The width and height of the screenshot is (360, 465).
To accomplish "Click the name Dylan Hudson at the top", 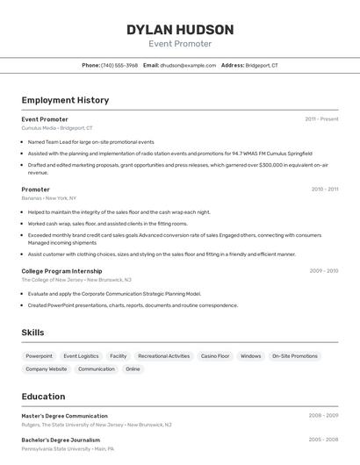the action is point(180,29).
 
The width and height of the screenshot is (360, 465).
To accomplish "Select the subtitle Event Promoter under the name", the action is point(180,44).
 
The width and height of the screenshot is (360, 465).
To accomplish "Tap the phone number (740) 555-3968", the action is point(119,65).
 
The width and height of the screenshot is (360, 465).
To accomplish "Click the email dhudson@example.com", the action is point(188,65).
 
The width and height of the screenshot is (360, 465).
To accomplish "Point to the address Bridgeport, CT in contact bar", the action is point(262,65).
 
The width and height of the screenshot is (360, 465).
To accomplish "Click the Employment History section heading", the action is point(65,100).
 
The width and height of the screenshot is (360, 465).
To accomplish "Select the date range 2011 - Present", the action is point(321,119).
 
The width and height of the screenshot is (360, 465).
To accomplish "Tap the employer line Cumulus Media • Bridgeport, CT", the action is point(57,128).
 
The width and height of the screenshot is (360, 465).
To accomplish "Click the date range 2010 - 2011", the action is point(324,190).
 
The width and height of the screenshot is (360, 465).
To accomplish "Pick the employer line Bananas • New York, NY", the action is point(49,198).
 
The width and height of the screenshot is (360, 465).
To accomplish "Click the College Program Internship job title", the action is point(61,271).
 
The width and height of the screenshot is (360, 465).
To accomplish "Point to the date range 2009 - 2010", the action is point(323,271).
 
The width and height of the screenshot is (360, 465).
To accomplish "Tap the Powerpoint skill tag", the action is point(40,356).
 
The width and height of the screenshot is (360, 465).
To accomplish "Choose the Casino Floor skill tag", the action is point(215,356).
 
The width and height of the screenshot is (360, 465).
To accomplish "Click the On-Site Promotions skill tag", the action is point(294,356).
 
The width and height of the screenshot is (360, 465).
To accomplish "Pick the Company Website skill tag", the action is point(47,369).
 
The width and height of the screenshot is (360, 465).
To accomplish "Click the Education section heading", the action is point(43,397).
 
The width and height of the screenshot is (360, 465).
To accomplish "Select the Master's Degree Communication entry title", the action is point(65,416).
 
